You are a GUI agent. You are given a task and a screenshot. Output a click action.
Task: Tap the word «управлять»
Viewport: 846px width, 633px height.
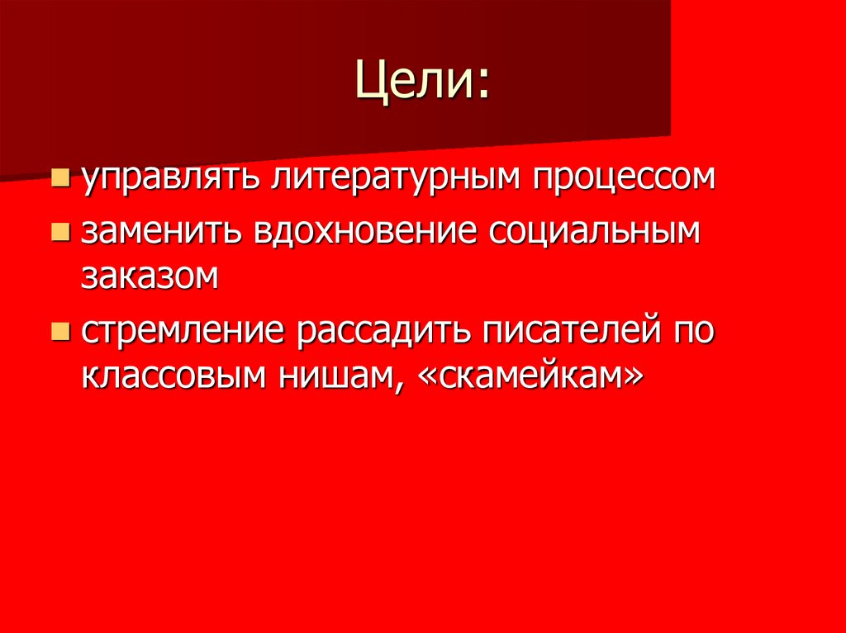point(169,178)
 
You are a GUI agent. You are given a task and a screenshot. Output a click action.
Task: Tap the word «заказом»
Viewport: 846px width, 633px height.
point(150,276)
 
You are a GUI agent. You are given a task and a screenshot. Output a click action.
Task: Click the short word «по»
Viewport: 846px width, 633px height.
point(695,332)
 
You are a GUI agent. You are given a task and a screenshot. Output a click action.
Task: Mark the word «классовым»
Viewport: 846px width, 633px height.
point(173,376)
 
